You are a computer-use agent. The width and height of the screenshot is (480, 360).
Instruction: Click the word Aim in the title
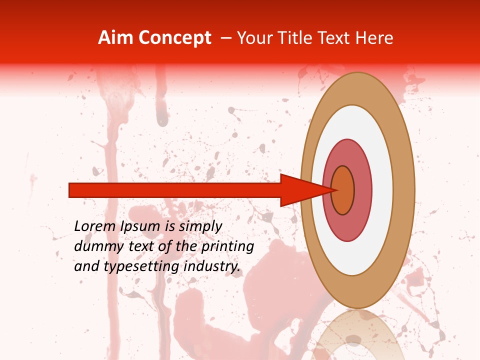click(x=115, y=38)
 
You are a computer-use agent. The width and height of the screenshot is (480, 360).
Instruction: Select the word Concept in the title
click(x=174, y=38)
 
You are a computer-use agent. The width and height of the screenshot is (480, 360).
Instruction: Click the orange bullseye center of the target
click(x=343, y=190)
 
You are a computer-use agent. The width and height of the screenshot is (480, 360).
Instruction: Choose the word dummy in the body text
click(x=94, y=246)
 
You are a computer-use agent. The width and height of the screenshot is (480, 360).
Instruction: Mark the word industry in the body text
click(x=212, y=266)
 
